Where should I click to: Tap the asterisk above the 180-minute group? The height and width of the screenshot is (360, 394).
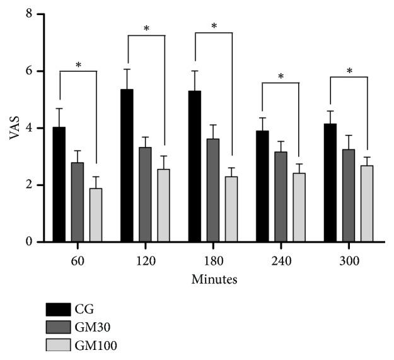point(214,26)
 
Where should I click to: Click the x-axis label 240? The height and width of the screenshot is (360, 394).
point(281,260)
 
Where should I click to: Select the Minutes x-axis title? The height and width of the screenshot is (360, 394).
point(213,277)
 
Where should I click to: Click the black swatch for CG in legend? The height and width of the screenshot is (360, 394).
point(58,309)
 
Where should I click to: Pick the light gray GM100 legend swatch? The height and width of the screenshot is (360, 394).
point(58,347)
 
